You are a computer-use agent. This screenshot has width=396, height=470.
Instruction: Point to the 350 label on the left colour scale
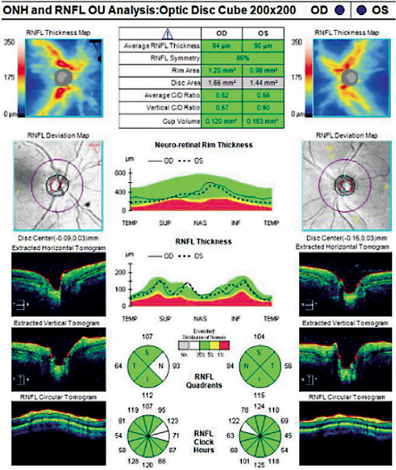(10, 43)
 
